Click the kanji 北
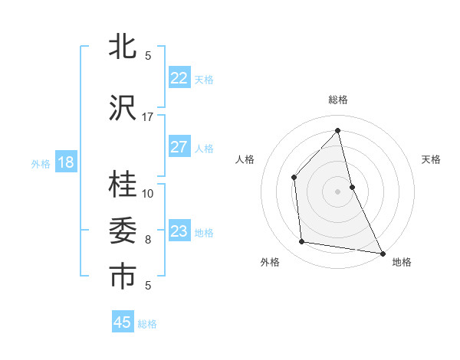123,47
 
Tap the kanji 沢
123,108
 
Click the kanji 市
123,277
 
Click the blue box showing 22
179,78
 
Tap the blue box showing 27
179,147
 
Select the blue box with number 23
179,231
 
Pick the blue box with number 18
65,162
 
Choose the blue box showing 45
123,322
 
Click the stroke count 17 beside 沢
148,117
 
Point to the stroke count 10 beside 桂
148,193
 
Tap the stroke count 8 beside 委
148,240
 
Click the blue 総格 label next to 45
147,324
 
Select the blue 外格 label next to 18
40,164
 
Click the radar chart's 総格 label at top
337,100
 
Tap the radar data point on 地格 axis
382,252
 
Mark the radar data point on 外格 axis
302,242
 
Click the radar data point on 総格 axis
337,130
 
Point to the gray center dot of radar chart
337,191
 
